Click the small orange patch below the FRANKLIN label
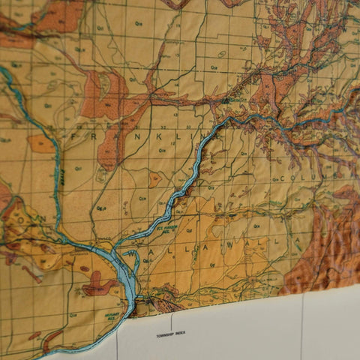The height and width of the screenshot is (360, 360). (x=154, y=180)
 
